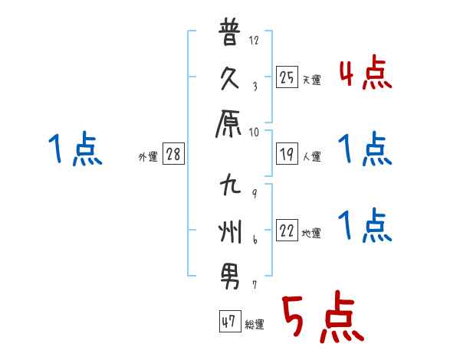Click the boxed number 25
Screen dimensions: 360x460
tap(286, 77)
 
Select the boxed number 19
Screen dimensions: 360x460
tap(286, 154)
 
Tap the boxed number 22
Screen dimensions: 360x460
tap(286, 231)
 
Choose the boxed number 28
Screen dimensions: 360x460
tap(173, 154)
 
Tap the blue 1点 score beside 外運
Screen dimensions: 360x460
tap(74, 150)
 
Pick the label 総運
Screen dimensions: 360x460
tap(255, 325)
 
